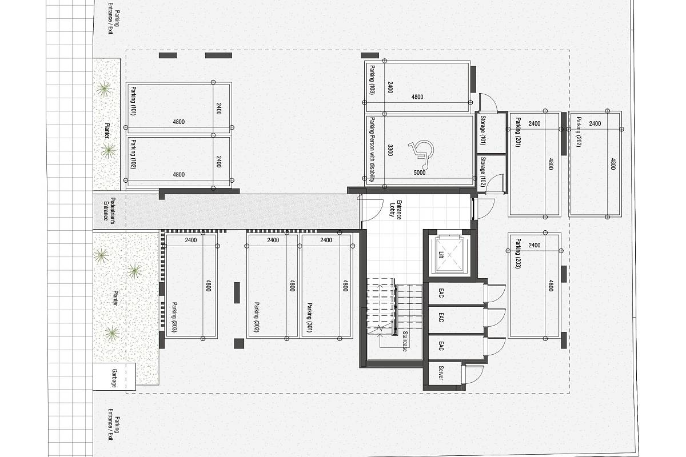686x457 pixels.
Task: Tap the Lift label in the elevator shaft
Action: pos(441,255)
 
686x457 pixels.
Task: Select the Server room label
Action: pos(441,373)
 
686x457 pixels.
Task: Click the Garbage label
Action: pos(114,378)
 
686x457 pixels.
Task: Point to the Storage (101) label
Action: pos(483,130)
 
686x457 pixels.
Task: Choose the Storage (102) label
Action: pos(483,172)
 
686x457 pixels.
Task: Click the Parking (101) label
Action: pos(134,101)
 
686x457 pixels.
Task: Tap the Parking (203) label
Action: pos(518,254)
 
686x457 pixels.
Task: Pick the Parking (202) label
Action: pos(579,131)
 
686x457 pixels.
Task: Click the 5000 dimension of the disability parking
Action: pos(420,173)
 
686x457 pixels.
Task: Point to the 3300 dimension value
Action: pos(390,150)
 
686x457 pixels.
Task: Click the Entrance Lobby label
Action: pos(395,210)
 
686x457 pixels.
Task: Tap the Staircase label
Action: pos(405,341)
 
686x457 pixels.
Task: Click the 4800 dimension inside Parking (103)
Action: pos(417,97)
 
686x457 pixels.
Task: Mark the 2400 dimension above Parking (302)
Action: pos(273,240)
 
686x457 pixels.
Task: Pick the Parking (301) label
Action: pos(310,318)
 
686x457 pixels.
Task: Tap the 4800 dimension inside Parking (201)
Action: pos(551,164)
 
